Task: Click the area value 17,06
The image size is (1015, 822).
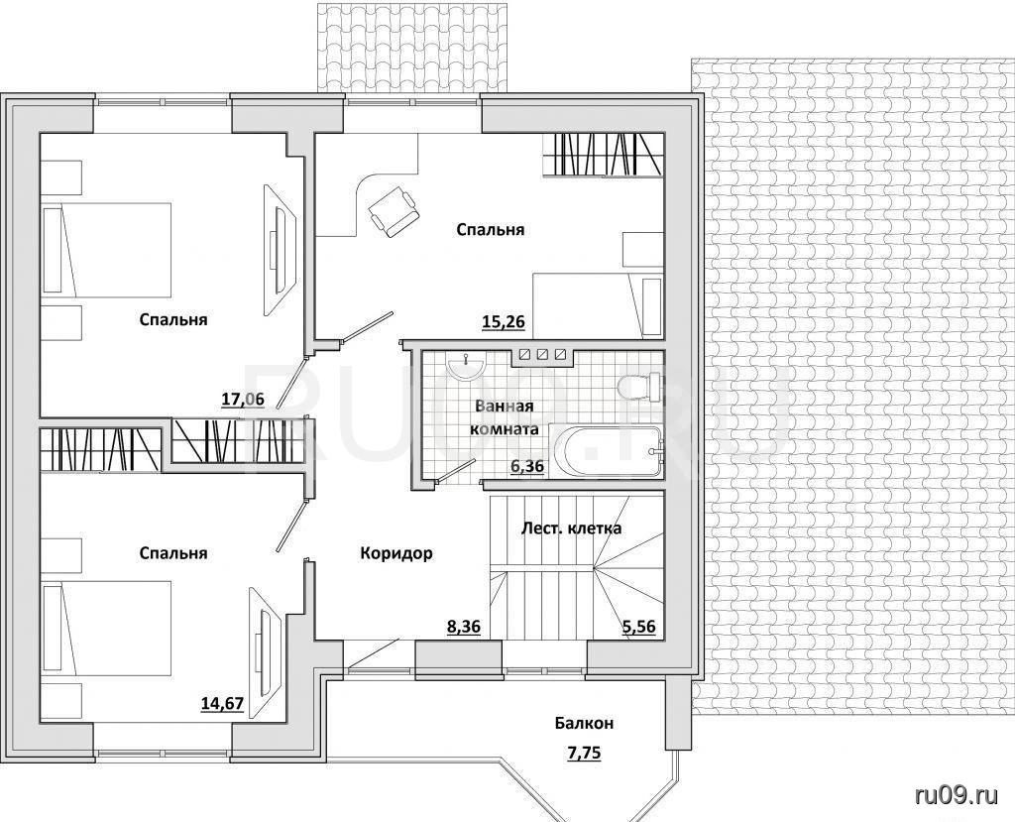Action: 244,399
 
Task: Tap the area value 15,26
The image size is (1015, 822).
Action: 503,320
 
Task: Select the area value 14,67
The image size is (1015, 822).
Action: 222,703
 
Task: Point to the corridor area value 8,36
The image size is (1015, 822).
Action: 464,627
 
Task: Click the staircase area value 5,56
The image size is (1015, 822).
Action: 639,627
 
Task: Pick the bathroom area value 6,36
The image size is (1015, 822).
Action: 527,466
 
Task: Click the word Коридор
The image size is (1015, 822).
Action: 396,553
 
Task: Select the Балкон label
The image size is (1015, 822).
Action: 584,723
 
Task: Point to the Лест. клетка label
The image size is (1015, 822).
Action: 572,528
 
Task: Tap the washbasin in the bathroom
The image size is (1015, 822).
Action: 466,367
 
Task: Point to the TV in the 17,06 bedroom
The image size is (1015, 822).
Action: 280,251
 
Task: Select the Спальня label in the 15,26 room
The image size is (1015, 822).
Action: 490,229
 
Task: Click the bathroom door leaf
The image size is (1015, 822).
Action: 456,472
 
